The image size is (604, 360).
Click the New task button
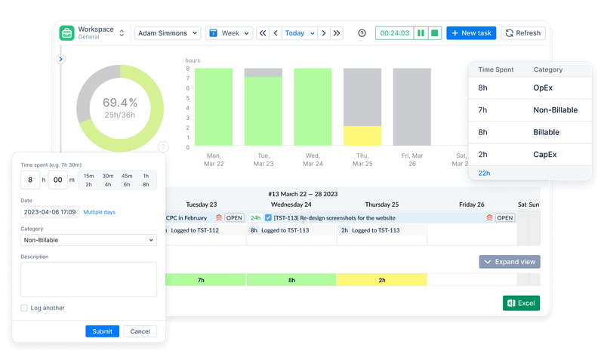click(470, 33)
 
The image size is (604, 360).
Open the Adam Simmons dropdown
click(168, 33)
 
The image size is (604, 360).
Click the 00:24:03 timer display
click(394, 33)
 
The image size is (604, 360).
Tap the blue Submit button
click(102, 331)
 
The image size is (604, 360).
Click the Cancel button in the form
click(140, 331)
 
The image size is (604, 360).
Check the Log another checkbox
click(25, 308)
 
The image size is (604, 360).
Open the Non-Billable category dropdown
click(88, 240)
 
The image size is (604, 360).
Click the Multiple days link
click(99, 212)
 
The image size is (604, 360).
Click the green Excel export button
click(522, 303)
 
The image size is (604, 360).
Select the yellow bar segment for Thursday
click(362, 135)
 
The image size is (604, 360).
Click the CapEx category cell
click(547, 154)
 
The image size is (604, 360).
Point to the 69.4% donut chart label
click(120, 103)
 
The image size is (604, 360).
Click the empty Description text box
click(88, 279)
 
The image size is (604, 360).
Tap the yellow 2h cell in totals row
click(382, 279)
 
